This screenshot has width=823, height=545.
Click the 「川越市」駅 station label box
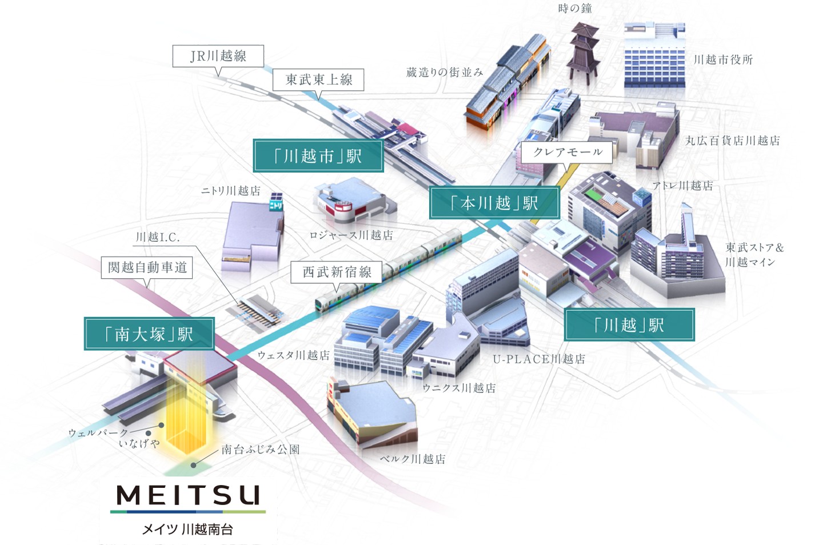click(x=318, y=156)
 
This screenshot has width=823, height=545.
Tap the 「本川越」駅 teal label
click(x=494, y=203)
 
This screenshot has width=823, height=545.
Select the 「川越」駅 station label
click(x=629, y=324)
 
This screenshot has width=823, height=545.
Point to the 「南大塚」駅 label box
click(x=149, y=334)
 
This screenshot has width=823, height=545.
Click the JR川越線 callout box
click(x=218, y=56)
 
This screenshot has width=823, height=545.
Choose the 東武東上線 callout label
click(x=318, y=80)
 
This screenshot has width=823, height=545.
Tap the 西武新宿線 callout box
click(x=336, y=272)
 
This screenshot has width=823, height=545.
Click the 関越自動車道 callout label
click(x=147, y=267)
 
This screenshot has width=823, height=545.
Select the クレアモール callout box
click(x=567, y=152)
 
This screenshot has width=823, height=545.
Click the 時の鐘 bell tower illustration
click(x=583, y=51)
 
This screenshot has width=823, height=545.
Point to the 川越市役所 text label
click(x=722, y=59)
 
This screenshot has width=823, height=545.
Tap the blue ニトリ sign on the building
click(x=275, y=202)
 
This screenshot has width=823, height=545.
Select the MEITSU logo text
click(x=188, y=495)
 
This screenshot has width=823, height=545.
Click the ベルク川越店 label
click(x=413, y=459)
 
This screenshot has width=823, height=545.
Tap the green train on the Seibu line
click(x=389, y=270)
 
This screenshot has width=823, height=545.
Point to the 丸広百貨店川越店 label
click(x=733, y=141)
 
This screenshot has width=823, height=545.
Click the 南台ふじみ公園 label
click(x=261, y=449)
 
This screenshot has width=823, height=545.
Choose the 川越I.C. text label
click(x=158, y=237)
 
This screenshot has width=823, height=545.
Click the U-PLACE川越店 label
click(x=539, y=359)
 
